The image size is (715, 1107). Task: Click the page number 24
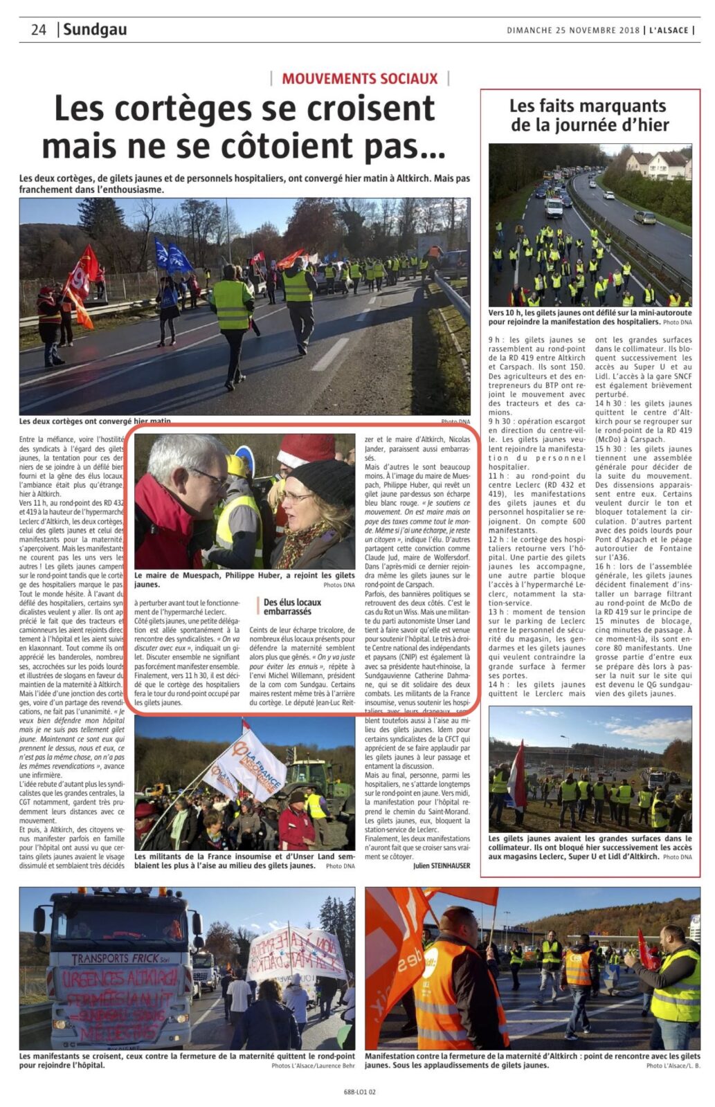pos(38,30)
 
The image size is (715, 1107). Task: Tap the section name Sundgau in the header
pos(95,30)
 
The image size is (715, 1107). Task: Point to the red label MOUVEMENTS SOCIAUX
pos(359,78)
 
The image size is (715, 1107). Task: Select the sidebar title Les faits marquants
pos(588,106)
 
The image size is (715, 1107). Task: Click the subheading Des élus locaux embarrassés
pos(292,607)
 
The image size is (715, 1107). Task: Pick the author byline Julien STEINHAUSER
pos(441,866)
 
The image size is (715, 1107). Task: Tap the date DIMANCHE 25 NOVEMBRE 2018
pos(574,30)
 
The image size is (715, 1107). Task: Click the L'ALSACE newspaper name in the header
pos(669,30)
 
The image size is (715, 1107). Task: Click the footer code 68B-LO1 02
pos(359,1092)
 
